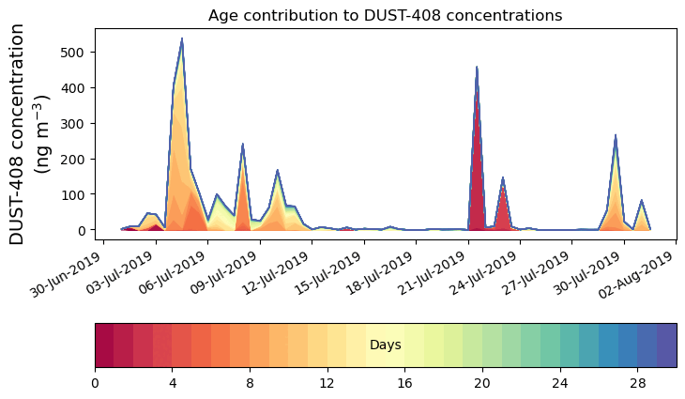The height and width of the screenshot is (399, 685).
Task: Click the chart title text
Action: [x=385, y=15]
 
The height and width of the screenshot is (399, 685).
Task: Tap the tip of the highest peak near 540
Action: [x=181, y=38]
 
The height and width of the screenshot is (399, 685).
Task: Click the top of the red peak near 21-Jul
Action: [x=477, y=68]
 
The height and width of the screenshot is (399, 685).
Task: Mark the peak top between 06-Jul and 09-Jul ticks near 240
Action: [x=242, y=145]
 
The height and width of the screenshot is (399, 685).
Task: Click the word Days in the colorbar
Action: [x=385, y=345]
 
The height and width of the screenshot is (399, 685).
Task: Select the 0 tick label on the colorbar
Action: [x=95, y=383]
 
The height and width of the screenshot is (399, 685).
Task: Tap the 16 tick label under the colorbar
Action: [x=405, y=383]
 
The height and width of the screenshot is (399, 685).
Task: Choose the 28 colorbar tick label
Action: [x=638, y=383]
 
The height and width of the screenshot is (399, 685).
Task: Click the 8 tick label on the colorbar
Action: [x=250, y=383]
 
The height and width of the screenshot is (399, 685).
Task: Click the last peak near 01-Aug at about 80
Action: [x=642, y=201]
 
